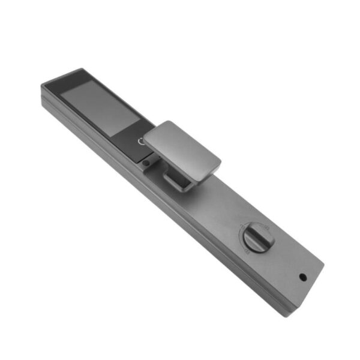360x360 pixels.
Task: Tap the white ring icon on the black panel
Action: [142, 142]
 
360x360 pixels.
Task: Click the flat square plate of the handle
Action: [180, 146]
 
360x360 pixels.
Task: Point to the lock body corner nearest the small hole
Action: [323, 264]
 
